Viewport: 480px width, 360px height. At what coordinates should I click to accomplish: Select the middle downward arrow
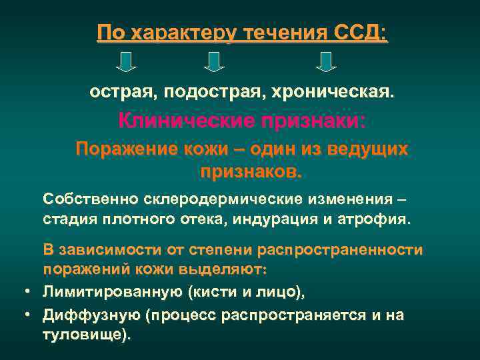pyautogui.click(x=213, y=61)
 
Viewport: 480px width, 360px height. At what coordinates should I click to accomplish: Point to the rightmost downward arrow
pyautogui.click(x=325, y=61)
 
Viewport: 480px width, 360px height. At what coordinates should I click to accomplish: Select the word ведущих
pyautogui.click(x=370, y=149)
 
